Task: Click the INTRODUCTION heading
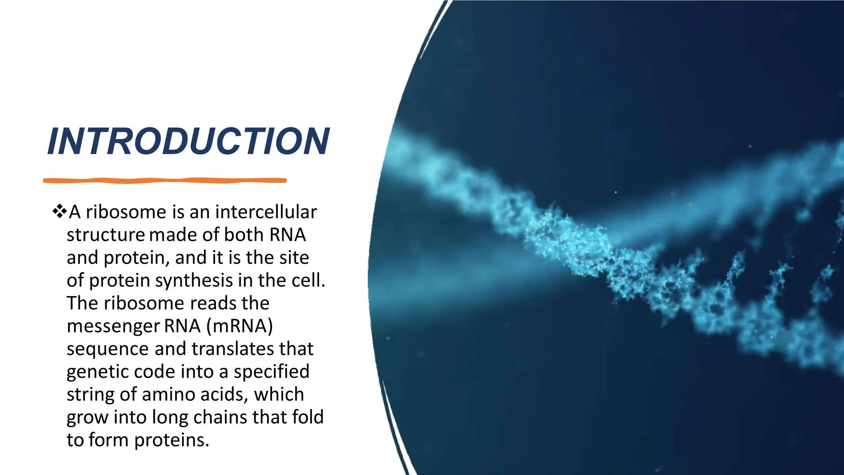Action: click(x=188, y=141)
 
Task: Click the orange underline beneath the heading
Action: click(x=165, y=180)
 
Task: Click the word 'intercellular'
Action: click(x=266, y=212)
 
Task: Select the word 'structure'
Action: click(x=105, y=235)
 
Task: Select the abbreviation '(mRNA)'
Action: click(x=239, y=326)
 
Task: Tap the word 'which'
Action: click(x=279, y=395)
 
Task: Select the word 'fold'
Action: click(x=307, y=417)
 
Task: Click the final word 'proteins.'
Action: click(x=172, y=440)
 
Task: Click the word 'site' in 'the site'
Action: click(x=294, y=258)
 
